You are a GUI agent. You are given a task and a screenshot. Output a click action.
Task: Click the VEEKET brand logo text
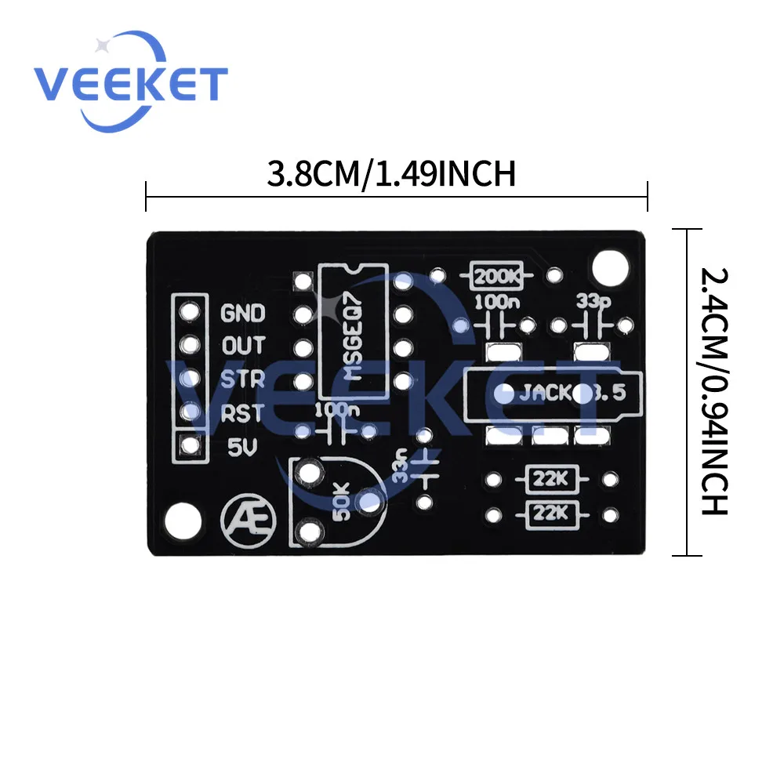130,83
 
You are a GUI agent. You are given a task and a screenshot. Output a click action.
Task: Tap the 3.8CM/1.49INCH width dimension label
390,173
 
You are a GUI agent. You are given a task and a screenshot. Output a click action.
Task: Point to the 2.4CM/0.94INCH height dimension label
716,392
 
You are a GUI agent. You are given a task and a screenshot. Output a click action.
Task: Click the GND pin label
243,314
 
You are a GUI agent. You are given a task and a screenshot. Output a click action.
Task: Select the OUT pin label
244,346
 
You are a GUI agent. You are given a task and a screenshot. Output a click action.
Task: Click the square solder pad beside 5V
189,446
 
